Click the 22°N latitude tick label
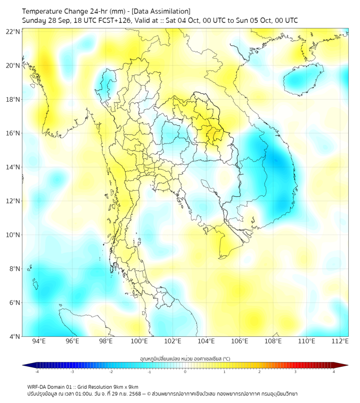click(13, 32)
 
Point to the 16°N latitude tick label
click(13, 133)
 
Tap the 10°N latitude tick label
click(13, 235)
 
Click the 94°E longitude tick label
click(39, 342)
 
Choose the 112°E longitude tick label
click(340, 342)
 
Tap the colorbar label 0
click(185, 372)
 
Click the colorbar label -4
click(36, 372)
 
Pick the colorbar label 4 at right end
click(334, 372)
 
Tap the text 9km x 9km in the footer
click(126, 386)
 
